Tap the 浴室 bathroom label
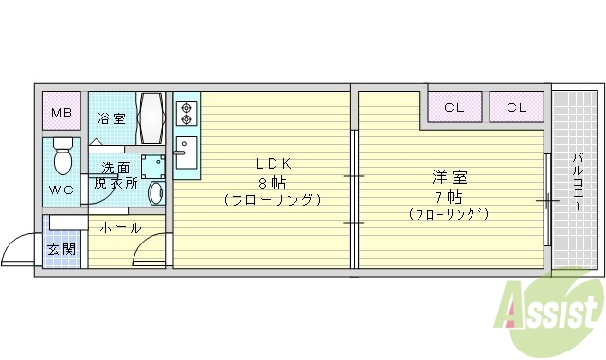[x=111, y=118]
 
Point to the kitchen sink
[x=187, y=153]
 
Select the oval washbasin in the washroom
[x=156, y=190]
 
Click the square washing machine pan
[x=151, y=166]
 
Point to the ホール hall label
[x=120, y=228]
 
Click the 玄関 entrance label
[x=62, y=249]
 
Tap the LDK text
[x=271, y=163]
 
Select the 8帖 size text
[x=271, y=182]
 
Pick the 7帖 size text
[x=449, y=197]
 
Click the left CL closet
[x=454, y=107]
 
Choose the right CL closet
[x=516, y=107]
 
